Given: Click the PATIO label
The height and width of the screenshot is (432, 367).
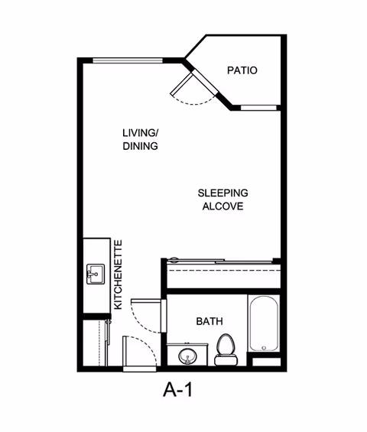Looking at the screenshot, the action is coord(242,70).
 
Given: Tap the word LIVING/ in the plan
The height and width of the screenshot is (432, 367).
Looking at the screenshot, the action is coord(140,133).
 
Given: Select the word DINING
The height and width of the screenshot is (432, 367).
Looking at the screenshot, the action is coord(140,146).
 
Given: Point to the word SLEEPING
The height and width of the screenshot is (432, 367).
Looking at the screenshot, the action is coord(223,193).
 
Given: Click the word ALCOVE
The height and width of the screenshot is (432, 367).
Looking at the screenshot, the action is coord(223,206).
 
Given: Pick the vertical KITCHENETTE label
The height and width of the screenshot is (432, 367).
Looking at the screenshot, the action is coord(118,274).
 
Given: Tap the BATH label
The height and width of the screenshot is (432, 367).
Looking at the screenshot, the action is coord(209,321).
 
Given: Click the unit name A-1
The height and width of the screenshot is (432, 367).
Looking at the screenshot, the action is coord(177,390).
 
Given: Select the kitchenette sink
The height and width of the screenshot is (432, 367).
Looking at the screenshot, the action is coord(96,274).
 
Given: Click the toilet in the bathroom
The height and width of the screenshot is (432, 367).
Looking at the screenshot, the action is coord(226,350).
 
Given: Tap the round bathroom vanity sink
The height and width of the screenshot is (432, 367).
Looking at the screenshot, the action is coord(187,356).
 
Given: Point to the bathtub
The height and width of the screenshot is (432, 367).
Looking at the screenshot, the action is coord(264,323).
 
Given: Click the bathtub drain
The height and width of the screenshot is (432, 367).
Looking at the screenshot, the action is coord(264,348).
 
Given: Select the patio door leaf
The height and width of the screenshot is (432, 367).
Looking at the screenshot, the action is coord(181,84).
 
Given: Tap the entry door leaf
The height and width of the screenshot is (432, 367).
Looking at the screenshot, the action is coord(125,351).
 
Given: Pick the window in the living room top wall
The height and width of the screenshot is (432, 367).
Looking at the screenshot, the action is coord(128,60).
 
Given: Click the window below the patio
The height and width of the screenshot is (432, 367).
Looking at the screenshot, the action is coord(258,108).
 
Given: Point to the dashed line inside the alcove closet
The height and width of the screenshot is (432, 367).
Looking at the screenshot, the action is coord(224,270).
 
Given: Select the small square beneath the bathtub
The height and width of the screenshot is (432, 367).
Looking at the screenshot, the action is coord(266,362).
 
